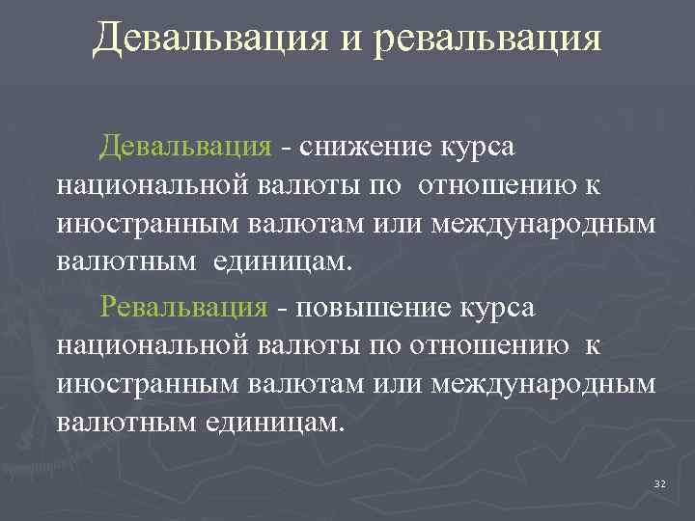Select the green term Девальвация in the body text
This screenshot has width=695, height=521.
pos(186,146)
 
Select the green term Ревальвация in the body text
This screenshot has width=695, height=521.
pos(183,307)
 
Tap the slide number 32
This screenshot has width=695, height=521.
pos(660,482)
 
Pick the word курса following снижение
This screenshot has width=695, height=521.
pos(479,147)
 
